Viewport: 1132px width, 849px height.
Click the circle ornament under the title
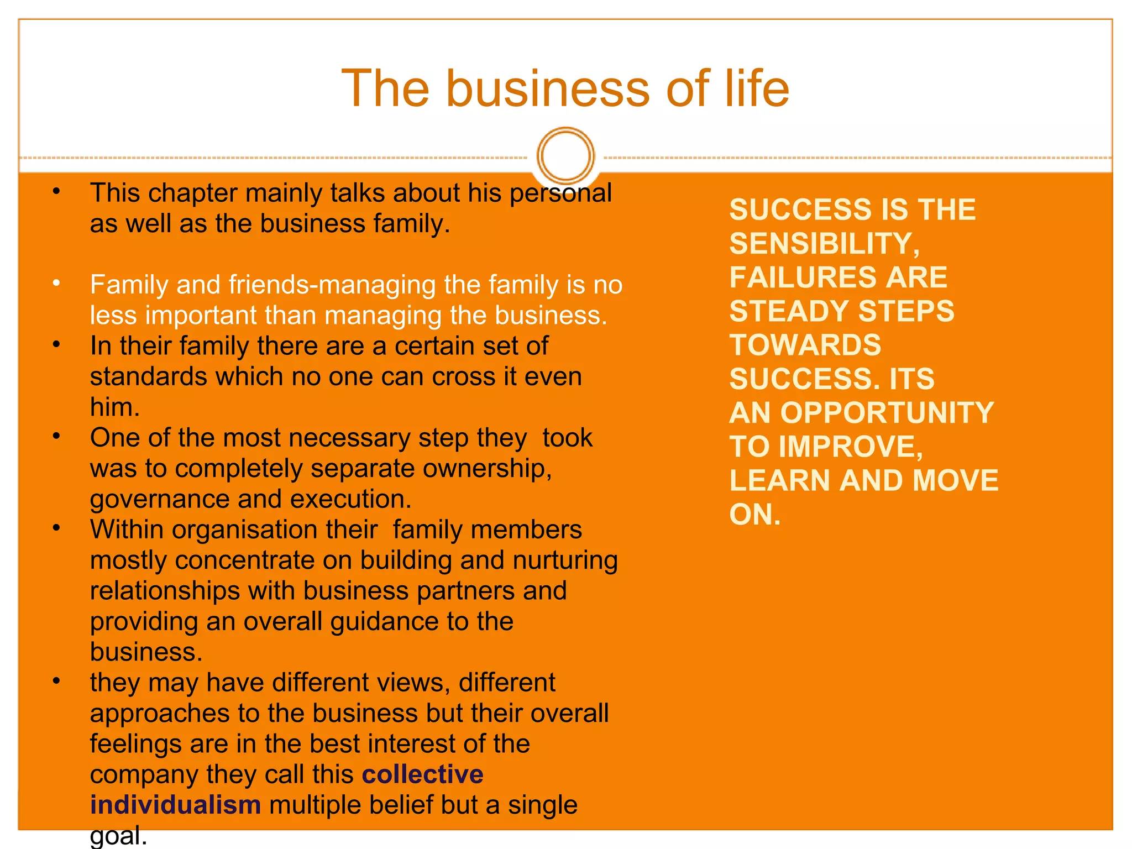(565, 155)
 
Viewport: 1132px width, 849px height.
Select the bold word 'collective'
(422, 774)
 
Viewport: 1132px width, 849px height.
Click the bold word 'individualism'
(175, 805)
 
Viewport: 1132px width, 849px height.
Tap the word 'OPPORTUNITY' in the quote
(887, 412)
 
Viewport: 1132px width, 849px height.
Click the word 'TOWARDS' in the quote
(805, 345)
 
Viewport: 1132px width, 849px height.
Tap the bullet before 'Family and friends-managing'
(56, 284)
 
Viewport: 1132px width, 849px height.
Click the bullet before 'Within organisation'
(56, 528)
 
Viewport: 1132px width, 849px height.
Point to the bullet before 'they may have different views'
(56, 681)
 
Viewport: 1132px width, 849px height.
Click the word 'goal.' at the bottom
(118, 836)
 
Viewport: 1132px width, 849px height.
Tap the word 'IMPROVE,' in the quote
(851, 447)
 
